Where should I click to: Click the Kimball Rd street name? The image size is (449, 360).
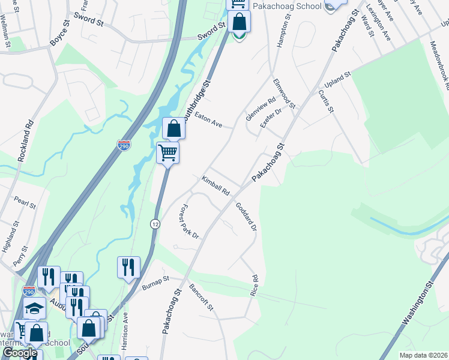point(215,186)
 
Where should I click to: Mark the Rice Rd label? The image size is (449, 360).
point(255,285)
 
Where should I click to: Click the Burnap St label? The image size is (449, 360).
point(156,283)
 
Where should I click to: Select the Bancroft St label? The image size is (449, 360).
point(201,297)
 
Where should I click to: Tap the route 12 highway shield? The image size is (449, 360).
point(155,224)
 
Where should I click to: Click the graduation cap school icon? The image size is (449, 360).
point(35,308)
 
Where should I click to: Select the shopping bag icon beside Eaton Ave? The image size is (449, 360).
point(173,128)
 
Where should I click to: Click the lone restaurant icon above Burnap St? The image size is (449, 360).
point(128,267)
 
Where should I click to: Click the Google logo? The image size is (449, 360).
point(19,353)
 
